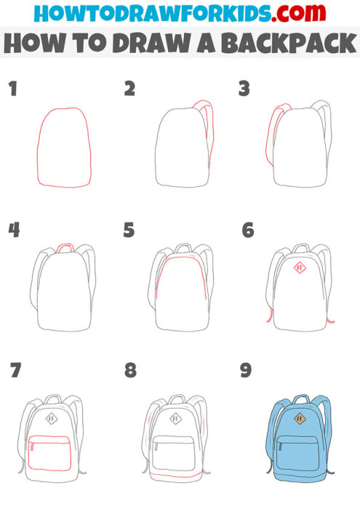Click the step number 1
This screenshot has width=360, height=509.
12,89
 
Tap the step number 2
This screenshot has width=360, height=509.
130,89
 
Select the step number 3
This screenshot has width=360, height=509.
244,89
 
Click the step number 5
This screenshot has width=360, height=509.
129,231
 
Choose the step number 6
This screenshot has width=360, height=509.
247,231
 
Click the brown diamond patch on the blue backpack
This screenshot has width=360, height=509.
299,419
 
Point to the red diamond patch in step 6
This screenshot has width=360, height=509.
298,268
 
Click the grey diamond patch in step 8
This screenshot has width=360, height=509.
176,419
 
